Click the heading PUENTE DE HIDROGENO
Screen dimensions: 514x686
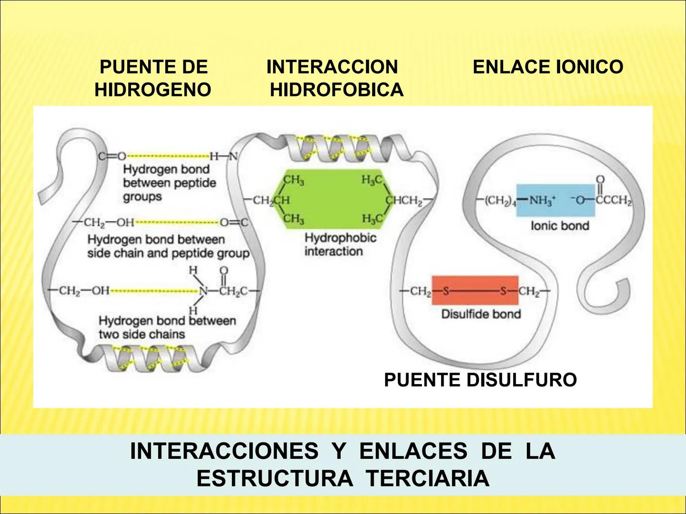click(x=153, y=78)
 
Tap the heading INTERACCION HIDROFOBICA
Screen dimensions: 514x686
click(x=335, y=78)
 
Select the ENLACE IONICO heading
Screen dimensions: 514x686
click(x=548, y=67)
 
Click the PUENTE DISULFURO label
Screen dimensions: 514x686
click(x=480, y=380)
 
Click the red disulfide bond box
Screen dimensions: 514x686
click(x=474, y=290)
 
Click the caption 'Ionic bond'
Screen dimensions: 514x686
click(x=560, y=226)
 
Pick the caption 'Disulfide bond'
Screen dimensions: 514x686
click(x=481, y=314)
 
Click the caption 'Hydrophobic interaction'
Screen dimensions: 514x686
click(x=340, y=244)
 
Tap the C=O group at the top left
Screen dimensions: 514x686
click(x=111, y=156)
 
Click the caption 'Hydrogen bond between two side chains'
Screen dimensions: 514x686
click(x=167, y=327)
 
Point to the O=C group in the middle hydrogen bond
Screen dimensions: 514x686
click(x=234, y=222)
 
